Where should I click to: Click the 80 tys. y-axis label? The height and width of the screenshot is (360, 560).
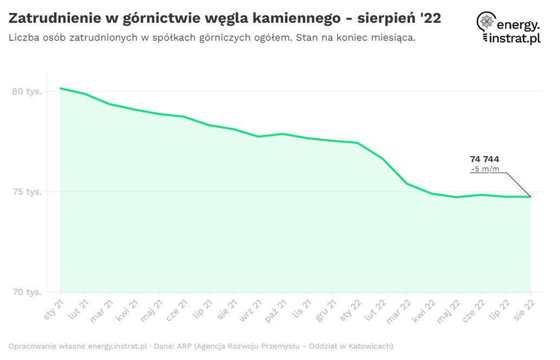tap(27, 92)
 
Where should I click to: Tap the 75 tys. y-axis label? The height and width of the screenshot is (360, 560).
tap(27, 192)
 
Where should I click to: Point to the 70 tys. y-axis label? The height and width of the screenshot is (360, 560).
tap(27, 292)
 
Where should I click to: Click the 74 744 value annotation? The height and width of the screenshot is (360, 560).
tap(484, 159)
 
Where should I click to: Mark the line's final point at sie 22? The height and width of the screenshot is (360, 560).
tap(530, 197)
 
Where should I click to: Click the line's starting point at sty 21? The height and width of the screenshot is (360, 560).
tap(60, 88)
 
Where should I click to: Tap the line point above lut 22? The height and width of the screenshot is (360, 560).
tap(382, 158)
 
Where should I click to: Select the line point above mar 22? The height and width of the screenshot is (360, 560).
tap(407, 184)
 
